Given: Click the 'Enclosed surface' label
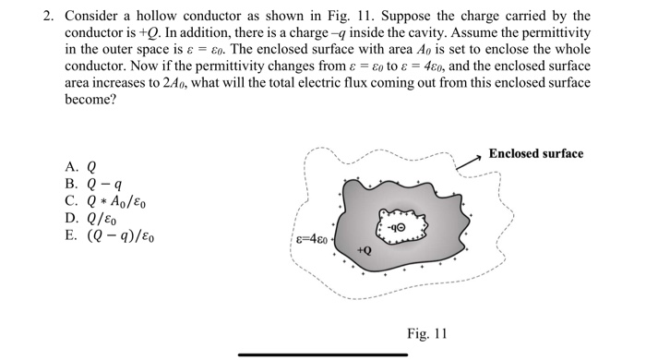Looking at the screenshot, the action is tap(535, 153).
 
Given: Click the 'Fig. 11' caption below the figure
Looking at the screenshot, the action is tap(426, 333).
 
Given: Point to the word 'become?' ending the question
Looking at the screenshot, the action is tap(90, 100).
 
